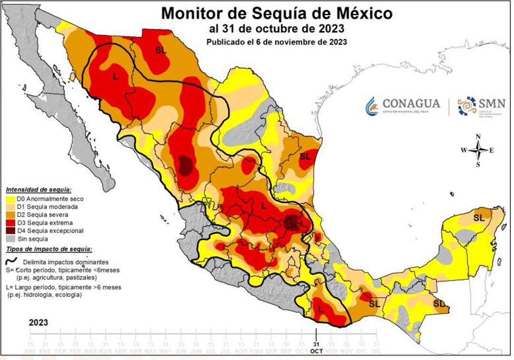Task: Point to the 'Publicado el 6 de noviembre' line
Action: coord(277,41)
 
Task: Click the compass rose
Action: coord(478,151)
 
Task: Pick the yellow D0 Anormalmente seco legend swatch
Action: coord(10,199)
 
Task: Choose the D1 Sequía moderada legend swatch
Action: coord(10,207)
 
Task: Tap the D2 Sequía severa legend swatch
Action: coord(10,215)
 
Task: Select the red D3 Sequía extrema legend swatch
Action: coord(10,223)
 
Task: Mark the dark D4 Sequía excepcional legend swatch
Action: coord(10,231)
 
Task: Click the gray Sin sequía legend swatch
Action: coord(10,239)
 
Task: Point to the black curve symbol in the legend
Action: coord(11,261)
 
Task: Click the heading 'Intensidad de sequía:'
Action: coord(38,190)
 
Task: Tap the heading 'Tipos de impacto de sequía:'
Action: coord(49,249)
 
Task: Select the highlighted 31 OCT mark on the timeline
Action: coord(316,346)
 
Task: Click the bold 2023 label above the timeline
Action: coord(38,322)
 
